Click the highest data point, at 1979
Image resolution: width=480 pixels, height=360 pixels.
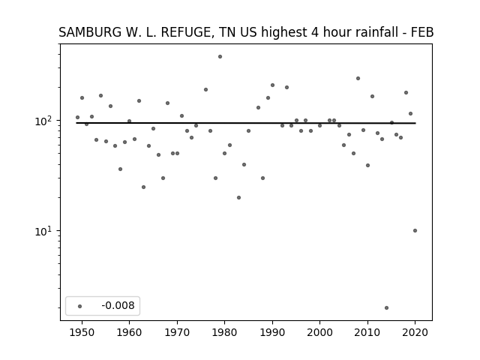pos(220,57)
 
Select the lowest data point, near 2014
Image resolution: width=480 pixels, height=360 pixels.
pos(387,308)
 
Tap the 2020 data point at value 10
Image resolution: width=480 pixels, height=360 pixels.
pos(415,231)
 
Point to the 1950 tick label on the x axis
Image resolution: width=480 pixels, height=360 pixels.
pos(82,332)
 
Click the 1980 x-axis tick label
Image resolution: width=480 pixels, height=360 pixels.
pos(224,332)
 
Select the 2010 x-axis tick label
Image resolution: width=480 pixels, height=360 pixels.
pos(367,332)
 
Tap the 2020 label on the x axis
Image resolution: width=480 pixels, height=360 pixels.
pos(415,332)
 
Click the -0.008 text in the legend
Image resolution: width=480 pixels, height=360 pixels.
pos(118,305)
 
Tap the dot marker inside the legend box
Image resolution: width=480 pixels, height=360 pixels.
pos(80,306)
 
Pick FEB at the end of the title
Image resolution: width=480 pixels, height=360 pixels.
pos(423,32)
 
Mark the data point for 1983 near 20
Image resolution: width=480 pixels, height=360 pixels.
pos(238,198)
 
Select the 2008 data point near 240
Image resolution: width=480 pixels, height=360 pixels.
pos(358,78)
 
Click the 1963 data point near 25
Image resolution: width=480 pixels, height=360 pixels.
pos(143,187)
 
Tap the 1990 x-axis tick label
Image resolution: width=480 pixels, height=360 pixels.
pos(272,332)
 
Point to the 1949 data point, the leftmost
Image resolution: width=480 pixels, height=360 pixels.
pos(77,118)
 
